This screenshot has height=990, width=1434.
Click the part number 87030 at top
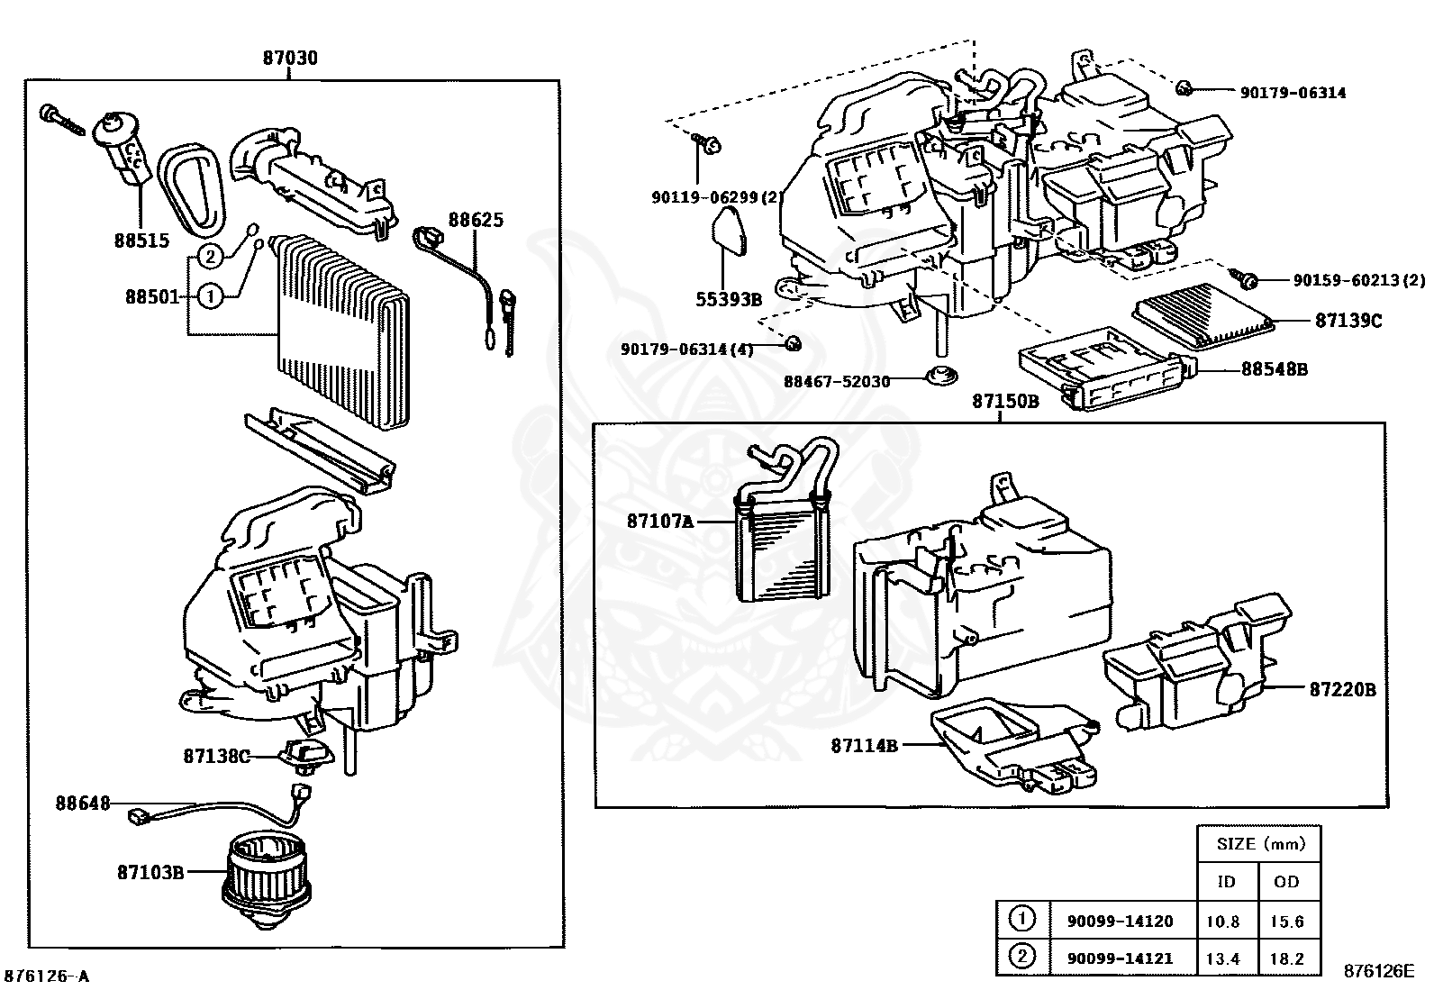point(290,59)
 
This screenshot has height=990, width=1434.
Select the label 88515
point(141,241)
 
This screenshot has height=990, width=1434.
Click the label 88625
point(476,220)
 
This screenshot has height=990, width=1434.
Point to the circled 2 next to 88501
point(209,257)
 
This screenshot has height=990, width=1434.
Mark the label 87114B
point(864,745)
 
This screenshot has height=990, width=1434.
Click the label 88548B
point(1275,368)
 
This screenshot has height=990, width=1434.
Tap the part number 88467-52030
point(836,381)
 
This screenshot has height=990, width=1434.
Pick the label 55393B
point(729,299)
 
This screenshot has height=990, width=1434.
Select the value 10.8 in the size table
point(1223,922)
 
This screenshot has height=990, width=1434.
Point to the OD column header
point(1287,882)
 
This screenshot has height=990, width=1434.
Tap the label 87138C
point(216,757)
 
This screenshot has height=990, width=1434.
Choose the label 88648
point(83,803)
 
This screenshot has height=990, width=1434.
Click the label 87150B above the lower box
point(1005,402)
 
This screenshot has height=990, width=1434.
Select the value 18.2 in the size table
point(1287,959)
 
